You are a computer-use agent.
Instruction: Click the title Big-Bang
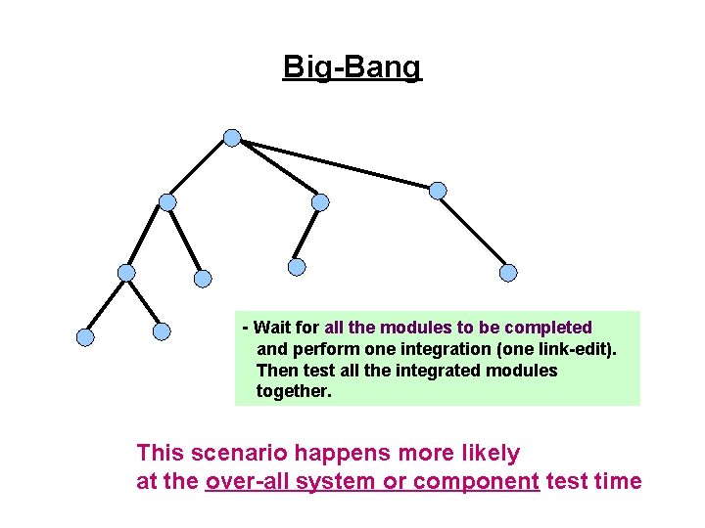[352, 67]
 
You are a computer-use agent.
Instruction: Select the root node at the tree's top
[232, 138]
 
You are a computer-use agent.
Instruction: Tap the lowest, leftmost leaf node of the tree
[85, 337]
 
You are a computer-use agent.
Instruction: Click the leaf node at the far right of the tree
[508, 273]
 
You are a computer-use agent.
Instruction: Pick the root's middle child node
[320, 202]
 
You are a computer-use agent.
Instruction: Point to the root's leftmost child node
[167, 202]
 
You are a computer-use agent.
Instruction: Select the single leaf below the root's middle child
[297, 266]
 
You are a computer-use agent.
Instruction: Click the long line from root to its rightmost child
[338, 164]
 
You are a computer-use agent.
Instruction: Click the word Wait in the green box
[274, 328]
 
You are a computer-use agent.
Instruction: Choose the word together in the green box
[294, 392]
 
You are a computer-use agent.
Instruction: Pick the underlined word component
[477, 482]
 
